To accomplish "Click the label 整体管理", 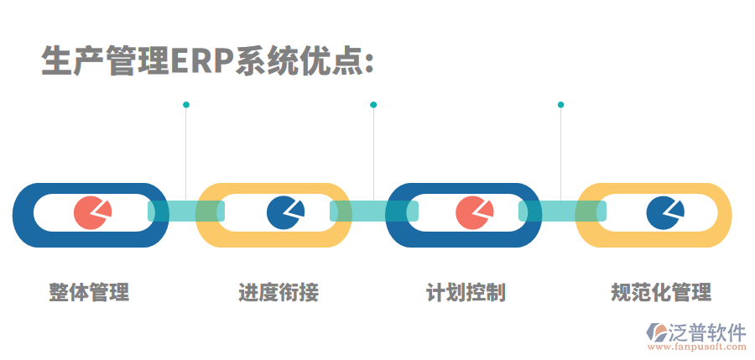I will point(89,293).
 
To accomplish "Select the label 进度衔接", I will point(279,293).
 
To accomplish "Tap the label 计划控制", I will point(466,293).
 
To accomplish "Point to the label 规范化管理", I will point(661,293).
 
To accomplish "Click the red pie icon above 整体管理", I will point(91,213).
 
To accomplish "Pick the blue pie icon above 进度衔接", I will point(284,212).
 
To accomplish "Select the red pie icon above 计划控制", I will point(473,213).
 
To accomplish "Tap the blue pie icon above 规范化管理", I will point(664,212).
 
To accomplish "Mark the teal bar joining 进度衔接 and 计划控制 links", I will point(373,211).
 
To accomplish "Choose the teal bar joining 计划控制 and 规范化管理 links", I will point(561,211).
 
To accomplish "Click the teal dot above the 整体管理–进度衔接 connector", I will point(185,105).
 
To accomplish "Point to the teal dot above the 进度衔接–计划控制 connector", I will point(373,105).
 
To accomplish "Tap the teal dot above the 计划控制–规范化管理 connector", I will point(560,105).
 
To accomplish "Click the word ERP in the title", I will point(201,60).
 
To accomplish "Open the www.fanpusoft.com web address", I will point(695,346).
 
